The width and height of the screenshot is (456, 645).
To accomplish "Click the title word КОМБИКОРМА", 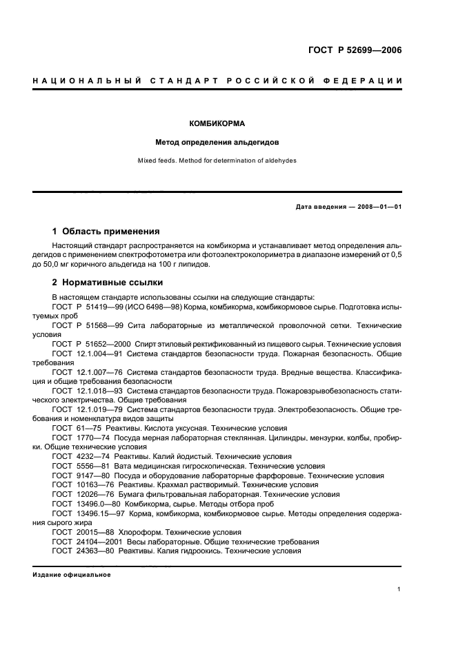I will coord(218,124).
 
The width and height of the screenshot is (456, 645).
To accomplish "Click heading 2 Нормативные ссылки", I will coord(108,282).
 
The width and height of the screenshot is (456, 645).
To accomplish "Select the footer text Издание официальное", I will coord(71,574).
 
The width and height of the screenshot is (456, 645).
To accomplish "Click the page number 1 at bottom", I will coord(399,589).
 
